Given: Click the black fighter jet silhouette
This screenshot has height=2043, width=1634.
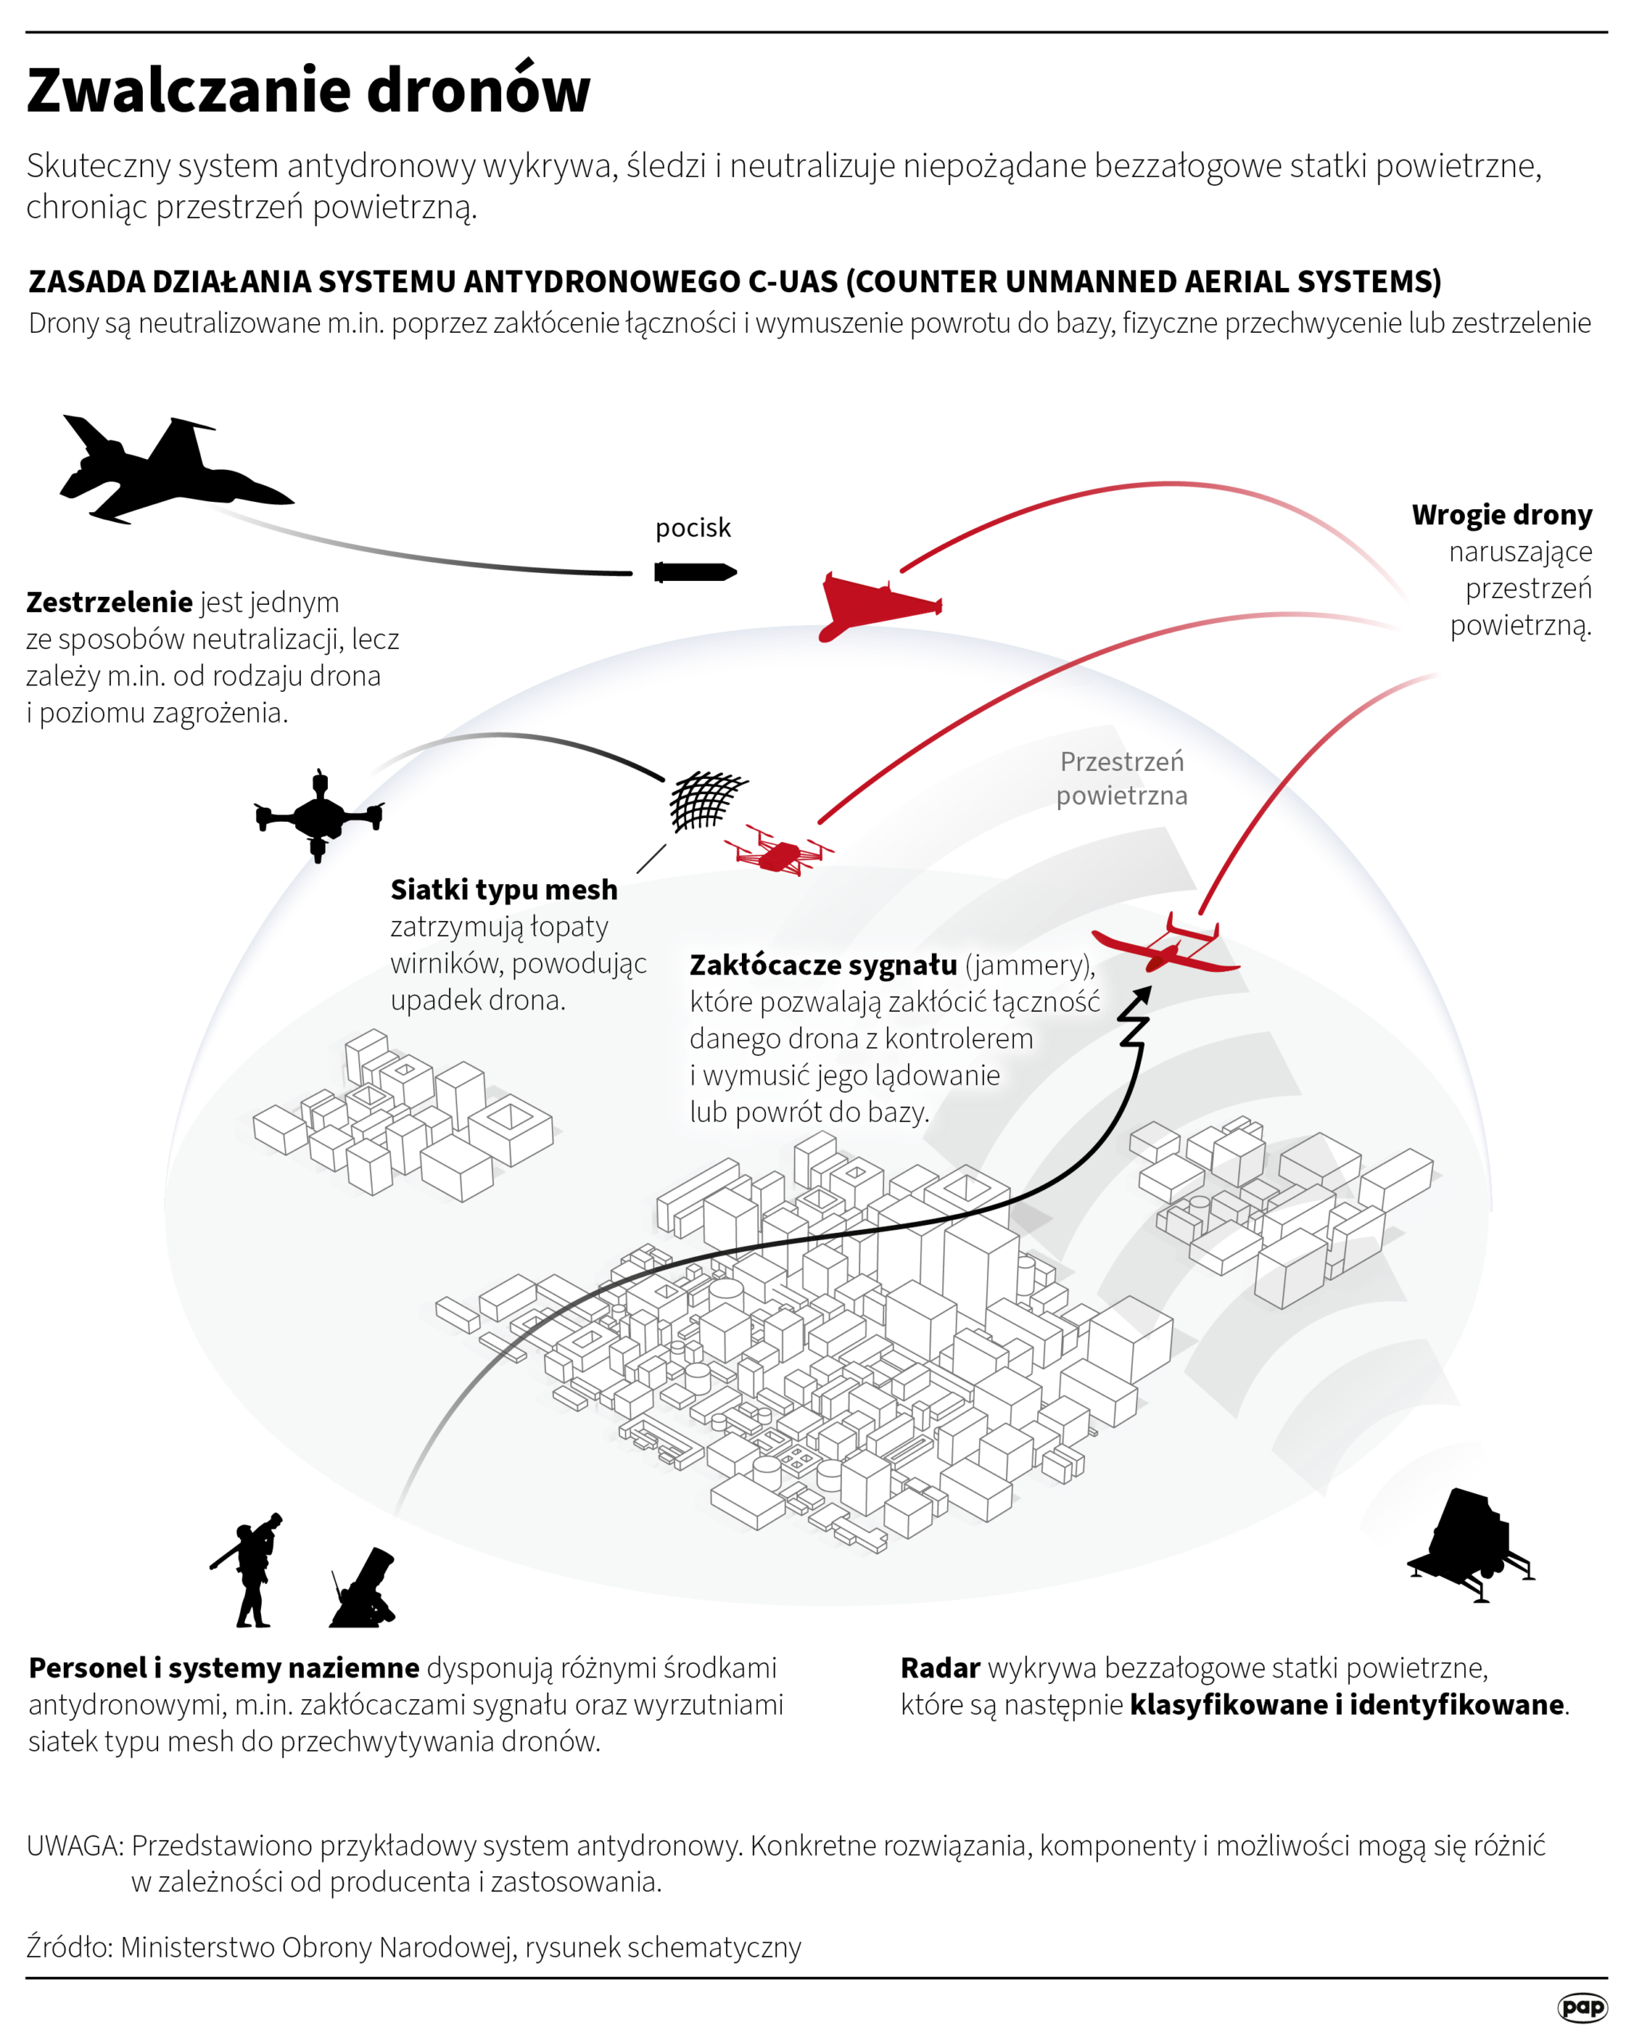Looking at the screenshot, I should coord(171,471).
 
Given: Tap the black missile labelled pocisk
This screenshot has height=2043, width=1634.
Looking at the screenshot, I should coord(694,572).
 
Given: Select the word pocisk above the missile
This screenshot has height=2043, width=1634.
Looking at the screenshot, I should coord(693,528).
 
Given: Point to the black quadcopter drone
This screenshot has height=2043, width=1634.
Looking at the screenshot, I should coord(319,814).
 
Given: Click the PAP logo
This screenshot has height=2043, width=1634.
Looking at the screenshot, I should coord(1581,2007).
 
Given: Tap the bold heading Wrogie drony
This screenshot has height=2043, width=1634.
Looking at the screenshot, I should coord(1502,515).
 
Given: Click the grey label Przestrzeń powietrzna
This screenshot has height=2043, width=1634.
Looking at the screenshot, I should coord(1122,778).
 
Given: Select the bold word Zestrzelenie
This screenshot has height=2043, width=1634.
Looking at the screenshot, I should coord(110,602).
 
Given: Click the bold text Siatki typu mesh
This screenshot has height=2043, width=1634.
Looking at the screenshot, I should coord(504,889).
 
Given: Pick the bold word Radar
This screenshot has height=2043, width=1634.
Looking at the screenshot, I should coord(940,1667).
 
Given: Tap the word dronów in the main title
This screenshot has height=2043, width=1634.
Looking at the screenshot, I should coord(479,91).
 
